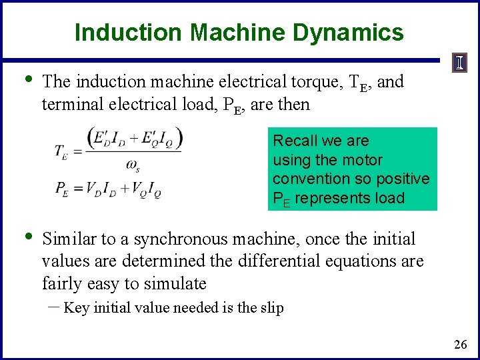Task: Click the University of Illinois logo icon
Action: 460,64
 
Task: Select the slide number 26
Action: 460,345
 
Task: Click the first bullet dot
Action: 25,80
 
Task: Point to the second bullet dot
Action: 25,237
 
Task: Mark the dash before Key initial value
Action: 53,307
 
